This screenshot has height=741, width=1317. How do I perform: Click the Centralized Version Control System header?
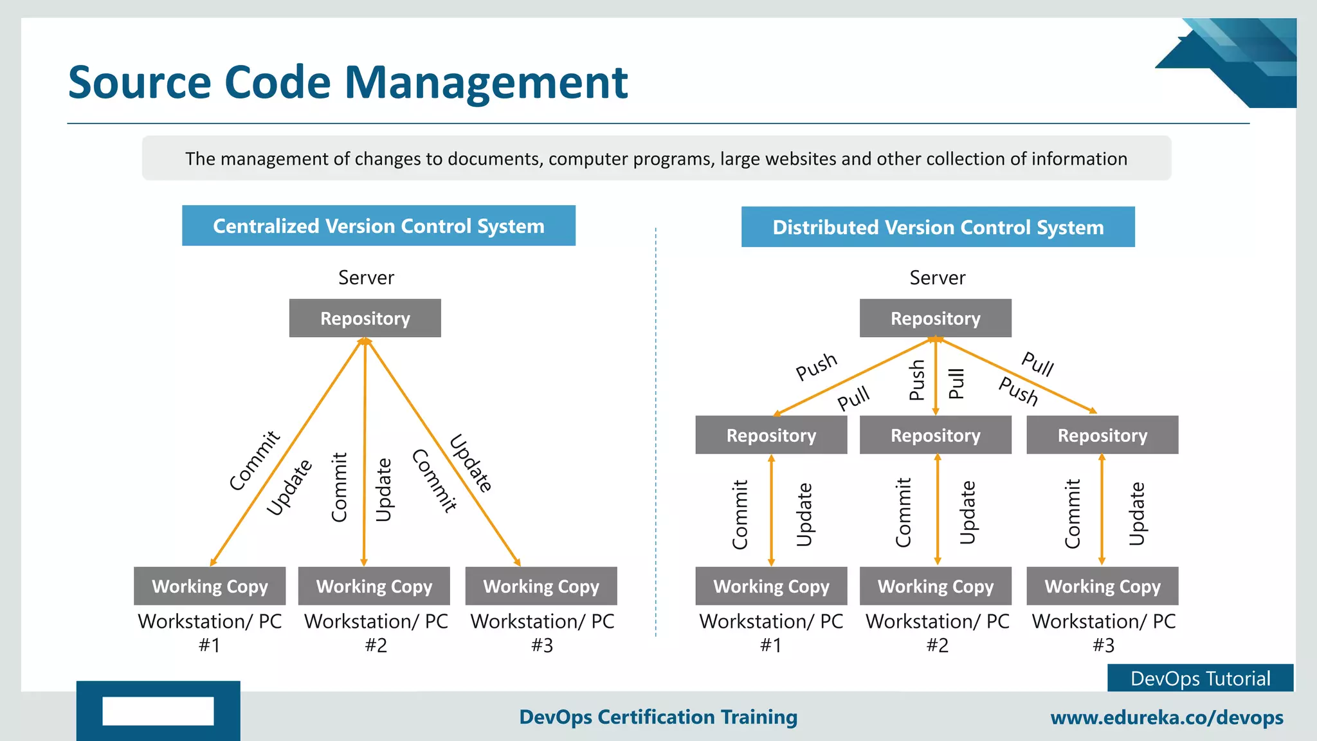(x=378, y=226)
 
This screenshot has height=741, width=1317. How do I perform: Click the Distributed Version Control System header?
(x=938, y=227)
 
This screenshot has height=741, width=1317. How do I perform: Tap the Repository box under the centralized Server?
(x=365, y=318)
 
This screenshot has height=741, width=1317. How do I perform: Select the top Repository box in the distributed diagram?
(x=935, y=318)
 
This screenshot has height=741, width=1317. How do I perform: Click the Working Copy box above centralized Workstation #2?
(x=374, y=586)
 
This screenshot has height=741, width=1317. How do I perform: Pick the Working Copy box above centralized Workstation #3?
(x=541, y=586)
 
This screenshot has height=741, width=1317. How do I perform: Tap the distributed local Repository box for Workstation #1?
(x=771, y=435)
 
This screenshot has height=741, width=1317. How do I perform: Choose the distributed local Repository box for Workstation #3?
(x=1102, y=435)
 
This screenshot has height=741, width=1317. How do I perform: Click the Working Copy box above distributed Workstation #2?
(x=935, y=586)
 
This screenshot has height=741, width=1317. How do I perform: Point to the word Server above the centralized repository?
(x=366, y=278)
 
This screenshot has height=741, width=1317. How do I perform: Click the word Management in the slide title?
(x=486, y=82)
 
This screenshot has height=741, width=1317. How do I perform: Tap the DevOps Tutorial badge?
(x=1200, y=679)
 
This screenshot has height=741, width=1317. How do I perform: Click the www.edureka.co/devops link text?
(x=1167, y=717)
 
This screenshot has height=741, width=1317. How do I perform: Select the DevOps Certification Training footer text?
(x=658, y=717)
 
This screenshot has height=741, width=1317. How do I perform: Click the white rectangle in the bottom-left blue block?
(x=158, y=711)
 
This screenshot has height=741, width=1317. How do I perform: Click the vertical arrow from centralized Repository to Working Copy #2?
(x=365, y=450)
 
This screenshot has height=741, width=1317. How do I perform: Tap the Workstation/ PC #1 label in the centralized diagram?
(x=210, y=633)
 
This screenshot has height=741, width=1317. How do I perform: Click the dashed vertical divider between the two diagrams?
(x=655, y=431)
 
